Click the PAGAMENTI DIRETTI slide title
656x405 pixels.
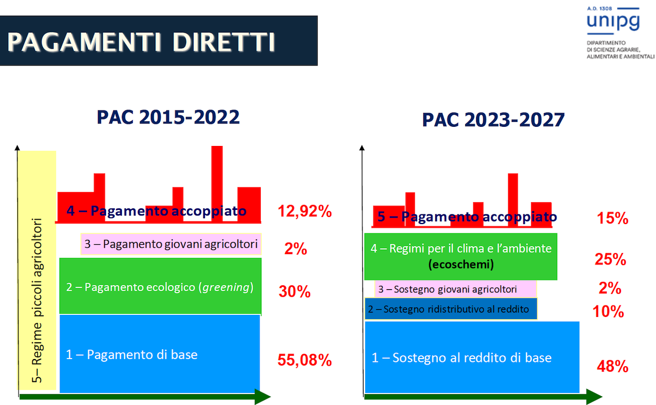[x=141, y=42]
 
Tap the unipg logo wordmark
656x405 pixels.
[x=613, y=21]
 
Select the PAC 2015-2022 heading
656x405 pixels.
[x=168, y=117]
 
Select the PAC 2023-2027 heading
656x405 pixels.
[x=493, y=120]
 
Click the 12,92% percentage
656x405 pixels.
[x=304, y=211]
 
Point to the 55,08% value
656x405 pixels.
[x=304, y=360]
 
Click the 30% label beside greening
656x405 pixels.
[x=295, y=292]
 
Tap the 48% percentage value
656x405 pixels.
[x=613, y=366]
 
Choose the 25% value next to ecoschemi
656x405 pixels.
[x=610, y=260]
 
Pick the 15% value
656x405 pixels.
[x=613, y=219]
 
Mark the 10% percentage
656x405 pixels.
[x=608, y=312]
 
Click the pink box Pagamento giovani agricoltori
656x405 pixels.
[x=171, y=244]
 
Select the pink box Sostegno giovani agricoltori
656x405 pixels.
[x=456, y=289]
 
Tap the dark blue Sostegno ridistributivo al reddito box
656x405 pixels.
[x=451, y=309]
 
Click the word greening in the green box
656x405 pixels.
[x=226, y=287]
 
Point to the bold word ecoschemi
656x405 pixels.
[x=461, y=265]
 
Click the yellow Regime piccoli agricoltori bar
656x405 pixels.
[x=37, y=271]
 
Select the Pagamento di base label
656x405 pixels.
[x=132, y=355]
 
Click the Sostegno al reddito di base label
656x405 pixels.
[x=461, y=358]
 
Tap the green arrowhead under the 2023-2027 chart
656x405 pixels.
[x=594, y=397]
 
